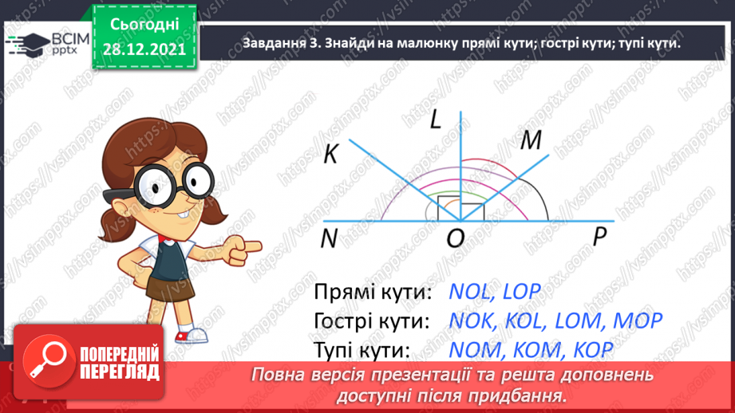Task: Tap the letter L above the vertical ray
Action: pos(435,120)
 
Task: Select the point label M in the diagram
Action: pos(530,140)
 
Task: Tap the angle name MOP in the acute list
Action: pos(634,321)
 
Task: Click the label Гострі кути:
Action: pos(372,321)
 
